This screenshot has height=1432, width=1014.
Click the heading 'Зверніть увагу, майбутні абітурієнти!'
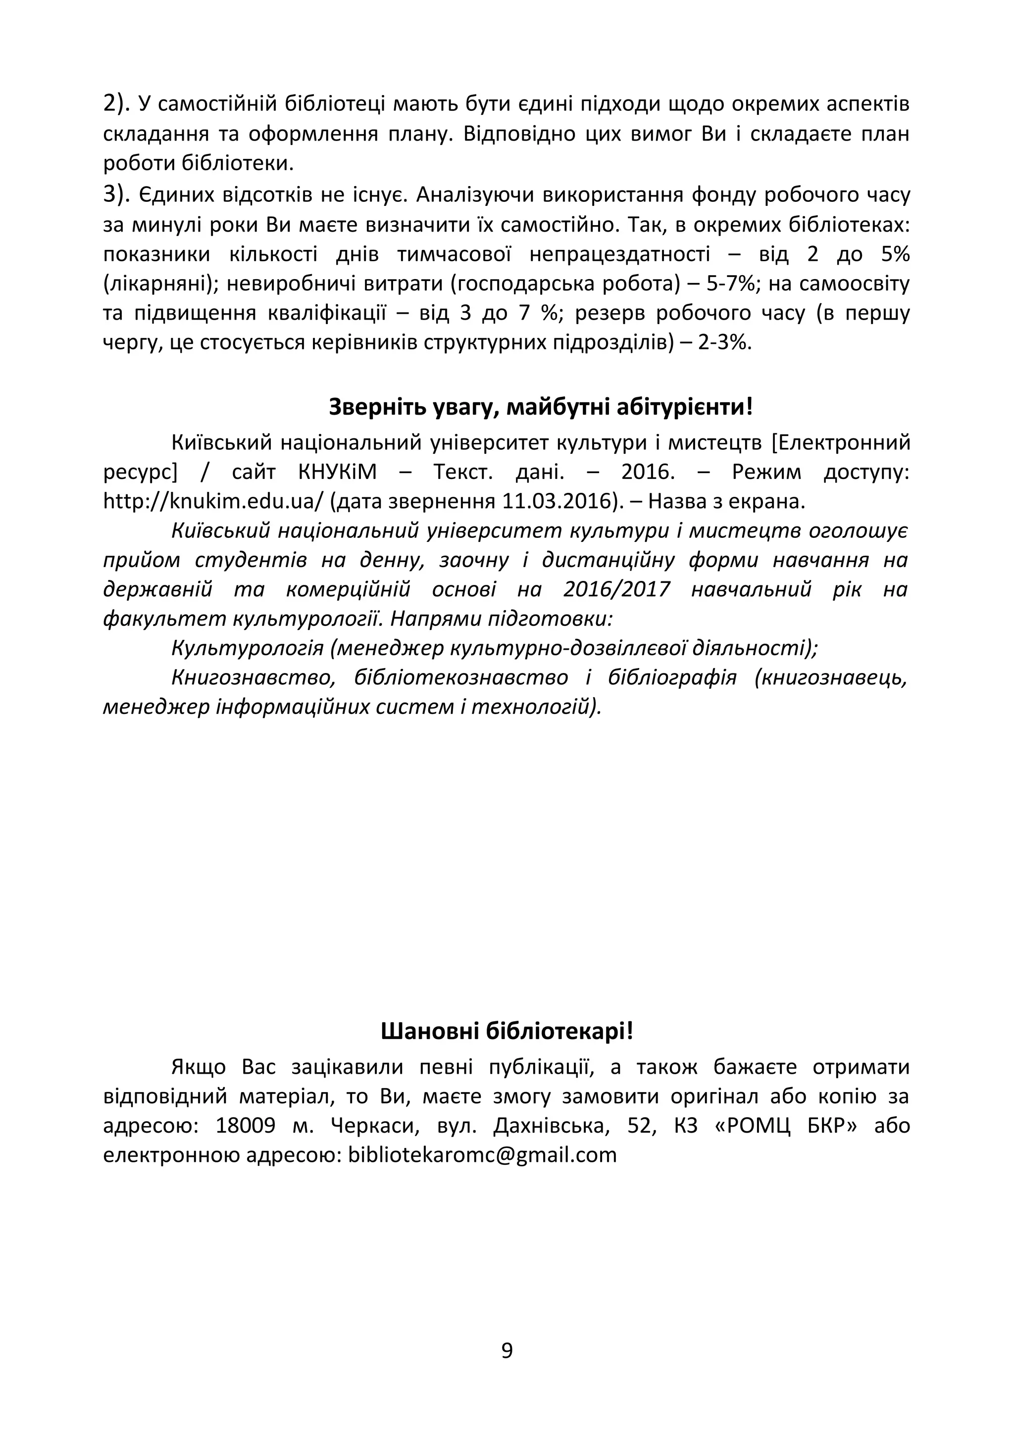click(x=541, y=407)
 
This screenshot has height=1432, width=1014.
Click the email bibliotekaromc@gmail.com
click(x=482, y=1155)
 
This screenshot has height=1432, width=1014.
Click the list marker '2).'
click(x=117, y=103)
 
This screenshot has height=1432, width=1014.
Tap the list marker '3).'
click(x=117, y=195)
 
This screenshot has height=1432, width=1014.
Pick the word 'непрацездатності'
click(x=619, y=254)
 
